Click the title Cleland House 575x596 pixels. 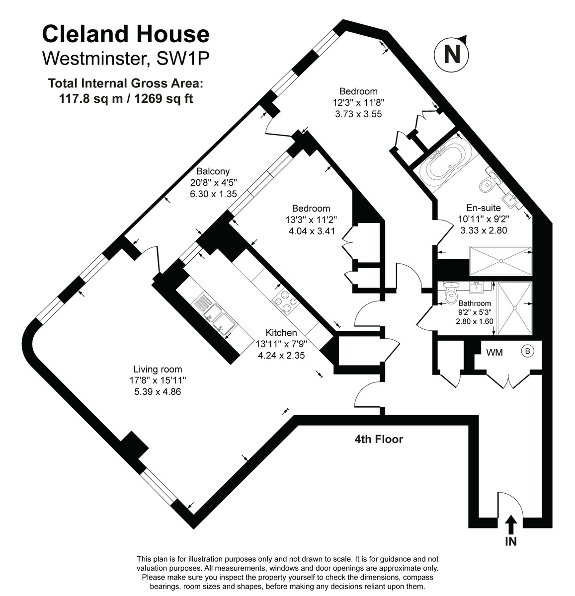[x=126, y=34]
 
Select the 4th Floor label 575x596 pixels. [x=378, y=439]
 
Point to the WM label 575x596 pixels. [x=494, y=353]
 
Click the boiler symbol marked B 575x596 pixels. [x=527, y=352]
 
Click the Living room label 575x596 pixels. [x=158, y=369]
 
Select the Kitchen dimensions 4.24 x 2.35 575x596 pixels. [x=281, y=355]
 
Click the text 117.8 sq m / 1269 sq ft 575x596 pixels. [x=126, y=98]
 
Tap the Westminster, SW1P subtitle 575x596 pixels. [x=126, y=58]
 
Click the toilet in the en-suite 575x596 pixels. [x=487, y=184]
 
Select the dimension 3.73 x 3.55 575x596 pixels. [x=358, y=114]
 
